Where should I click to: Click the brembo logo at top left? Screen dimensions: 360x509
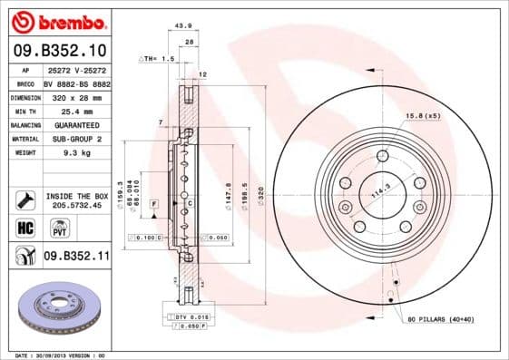(57, 21)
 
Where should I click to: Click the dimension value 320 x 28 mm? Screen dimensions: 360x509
(75, 95)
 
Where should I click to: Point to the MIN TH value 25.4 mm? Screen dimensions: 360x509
(75, 110)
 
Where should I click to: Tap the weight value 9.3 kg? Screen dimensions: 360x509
(75, 153)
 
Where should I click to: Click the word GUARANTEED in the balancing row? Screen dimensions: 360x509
(75, 124)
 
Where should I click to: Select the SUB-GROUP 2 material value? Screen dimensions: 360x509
(75, 139)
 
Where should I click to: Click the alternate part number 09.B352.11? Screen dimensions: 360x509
(76, 257)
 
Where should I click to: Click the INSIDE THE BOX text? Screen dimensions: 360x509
(76, 196)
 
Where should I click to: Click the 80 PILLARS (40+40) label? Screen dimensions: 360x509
(451, 320)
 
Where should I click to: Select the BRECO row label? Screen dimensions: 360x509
(24, 82)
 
